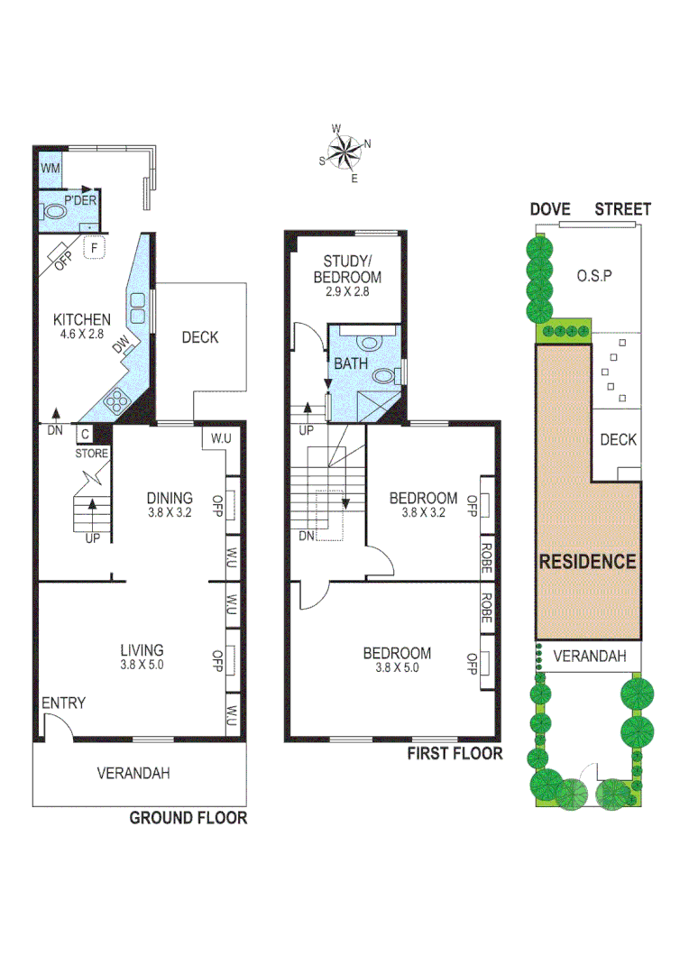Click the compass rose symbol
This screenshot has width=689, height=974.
(344, 152)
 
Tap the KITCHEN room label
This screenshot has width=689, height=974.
(82, 319)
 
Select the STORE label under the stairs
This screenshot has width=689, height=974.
(92, 453)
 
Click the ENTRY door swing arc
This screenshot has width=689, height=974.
(58, 725)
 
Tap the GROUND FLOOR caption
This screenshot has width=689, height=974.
(188, 818)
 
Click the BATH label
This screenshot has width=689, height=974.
(351, 364)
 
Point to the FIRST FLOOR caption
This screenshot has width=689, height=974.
(455, 753)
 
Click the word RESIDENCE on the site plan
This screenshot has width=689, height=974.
(587, 561)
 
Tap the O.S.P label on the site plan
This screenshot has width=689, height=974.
(594, 275)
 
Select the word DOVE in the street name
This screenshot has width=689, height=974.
(550, 209)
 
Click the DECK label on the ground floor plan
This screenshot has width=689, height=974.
(200, 337)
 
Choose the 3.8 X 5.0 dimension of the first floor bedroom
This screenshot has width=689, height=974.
(397, 668)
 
